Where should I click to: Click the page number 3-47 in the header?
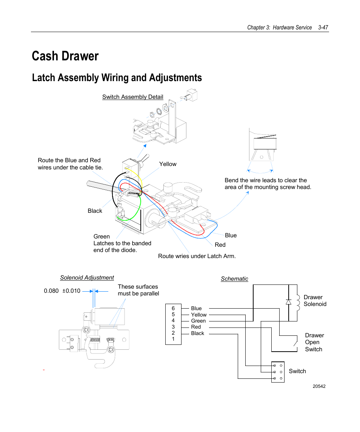(323, 28)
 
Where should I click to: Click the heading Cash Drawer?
(65, 56)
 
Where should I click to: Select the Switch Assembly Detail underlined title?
(132, 97)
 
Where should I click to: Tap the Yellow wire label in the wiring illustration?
(168, 164)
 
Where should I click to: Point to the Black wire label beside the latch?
(95, 211)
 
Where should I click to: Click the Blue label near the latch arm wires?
(231, 235)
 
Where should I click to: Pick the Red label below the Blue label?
(220, 244)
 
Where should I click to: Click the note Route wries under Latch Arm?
(197, 256)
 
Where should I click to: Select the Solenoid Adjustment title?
(87, 278)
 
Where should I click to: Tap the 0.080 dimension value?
(51, 291)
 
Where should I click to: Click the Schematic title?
(234, 279)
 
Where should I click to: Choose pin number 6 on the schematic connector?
(173, 308)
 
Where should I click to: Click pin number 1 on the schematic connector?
(173, 339)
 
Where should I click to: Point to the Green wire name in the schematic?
(198, 321)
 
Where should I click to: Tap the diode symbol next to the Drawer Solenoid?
(288, 302)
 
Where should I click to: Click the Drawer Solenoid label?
(315, 301)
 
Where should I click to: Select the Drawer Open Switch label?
(314, 342)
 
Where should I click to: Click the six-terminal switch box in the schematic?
(278, 372)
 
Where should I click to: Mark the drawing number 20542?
(319, 386)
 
